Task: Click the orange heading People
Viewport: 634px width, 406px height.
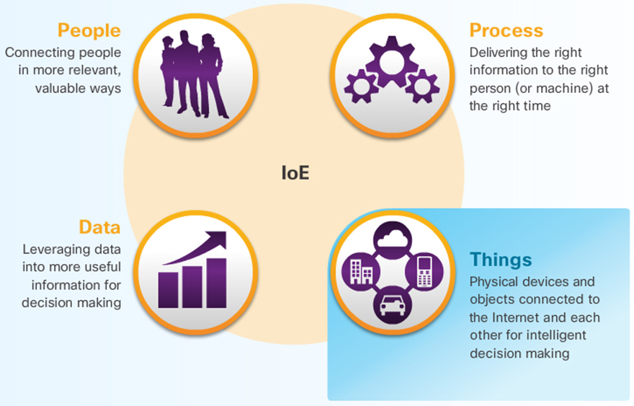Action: click(89, 31)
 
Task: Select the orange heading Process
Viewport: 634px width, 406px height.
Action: click(506, 31)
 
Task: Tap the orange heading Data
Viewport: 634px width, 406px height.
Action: click(99, 227)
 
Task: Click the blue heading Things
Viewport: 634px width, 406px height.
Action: click(501, 259)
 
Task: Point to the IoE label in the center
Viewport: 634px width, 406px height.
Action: click(295, 173)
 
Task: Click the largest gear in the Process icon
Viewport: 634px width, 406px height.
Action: click(388, 62)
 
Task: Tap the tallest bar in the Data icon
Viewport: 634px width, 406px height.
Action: click(215, 280)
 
